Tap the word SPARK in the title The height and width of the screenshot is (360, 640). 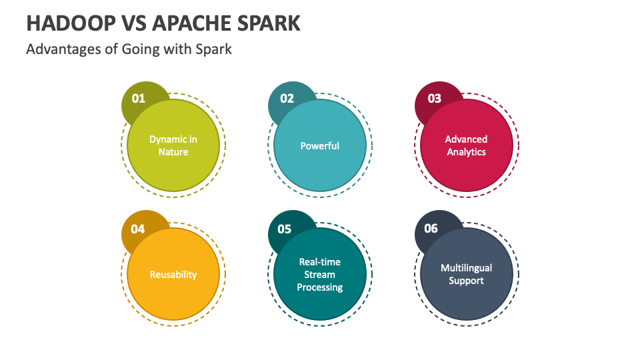pyautogui.click(x=269, y=23)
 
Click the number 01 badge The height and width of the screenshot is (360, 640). pyautogui.click(x=139, y=99)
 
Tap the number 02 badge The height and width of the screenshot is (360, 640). pyautogui.click(x=287, y=99)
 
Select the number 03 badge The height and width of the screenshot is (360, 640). pyautogui.click(x=434, y=99)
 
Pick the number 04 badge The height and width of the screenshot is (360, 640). pyautogui.click(x=138, y=229)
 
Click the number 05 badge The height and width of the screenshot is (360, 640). pyautogui.click(x=285, y=229)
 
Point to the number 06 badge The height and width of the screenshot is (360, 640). pyautogui.click(x=431, y=228)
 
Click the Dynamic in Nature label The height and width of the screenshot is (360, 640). pyautogui.click(x=173, y=146)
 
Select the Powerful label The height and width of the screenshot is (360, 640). pyautogui.click(x=319, y=146)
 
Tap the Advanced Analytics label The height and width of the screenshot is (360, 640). pyautogui.click(x=466, y=146)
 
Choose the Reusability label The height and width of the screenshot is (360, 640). pyautogui.click(x=173, y=275)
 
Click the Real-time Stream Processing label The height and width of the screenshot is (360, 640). pyautogui.click(x=319, y=275)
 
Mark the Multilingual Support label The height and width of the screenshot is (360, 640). pyautogui.click(x=466, y=274)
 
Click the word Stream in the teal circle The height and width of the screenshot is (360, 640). pyautogui.click(x=319, y=275)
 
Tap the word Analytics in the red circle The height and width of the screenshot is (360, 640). pyautogui.click(x=466, y=152)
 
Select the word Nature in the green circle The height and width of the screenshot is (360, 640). pyautogui.click(x=173, y=152)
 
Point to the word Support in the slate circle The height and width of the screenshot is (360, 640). pyautogui.click(x=466, y=281)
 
